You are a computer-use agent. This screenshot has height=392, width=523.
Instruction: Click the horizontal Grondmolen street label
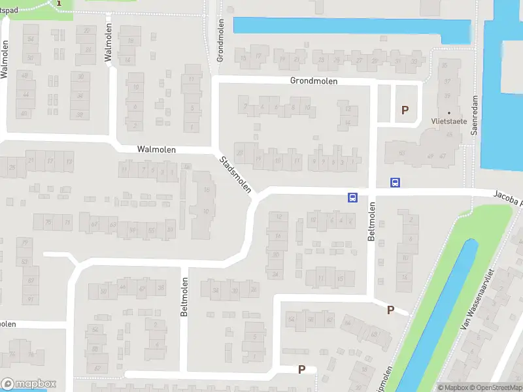(314, 81)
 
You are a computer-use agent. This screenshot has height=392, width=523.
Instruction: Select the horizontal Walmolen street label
(156, 150)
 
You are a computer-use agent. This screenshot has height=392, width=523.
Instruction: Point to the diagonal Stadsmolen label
(235, 174)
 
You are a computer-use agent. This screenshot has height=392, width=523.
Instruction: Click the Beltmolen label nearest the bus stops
(371, 221)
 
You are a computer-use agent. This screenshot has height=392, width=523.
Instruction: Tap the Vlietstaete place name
(448, 121)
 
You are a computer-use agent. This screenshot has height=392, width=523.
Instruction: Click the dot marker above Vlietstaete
(448, 113)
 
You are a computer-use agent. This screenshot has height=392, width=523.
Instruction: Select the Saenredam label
(475, 114)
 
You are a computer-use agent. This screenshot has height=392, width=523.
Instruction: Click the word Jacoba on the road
(507, 195)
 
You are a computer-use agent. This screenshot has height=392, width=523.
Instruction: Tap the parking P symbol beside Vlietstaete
(405, 110)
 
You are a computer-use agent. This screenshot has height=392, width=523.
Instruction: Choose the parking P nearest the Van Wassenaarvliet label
(390, 310)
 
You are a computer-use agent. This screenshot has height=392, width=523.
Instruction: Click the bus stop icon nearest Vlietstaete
(395, 183)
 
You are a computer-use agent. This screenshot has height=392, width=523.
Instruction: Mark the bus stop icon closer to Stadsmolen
(352, 197)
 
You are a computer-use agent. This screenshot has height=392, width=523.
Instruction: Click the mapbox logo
(29, 384)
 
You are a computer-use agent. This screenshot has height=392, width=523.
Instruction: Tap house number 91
(29, 300)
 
